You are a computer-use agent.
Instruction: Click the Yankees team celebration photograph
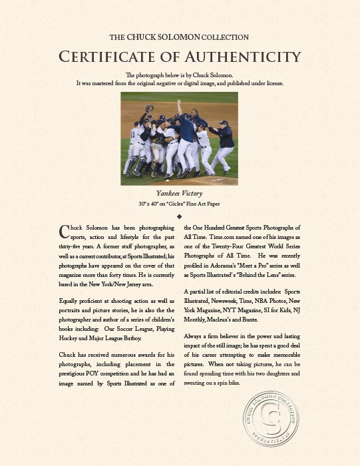180,138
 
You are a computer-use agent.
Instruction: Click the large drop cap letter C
64,231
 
